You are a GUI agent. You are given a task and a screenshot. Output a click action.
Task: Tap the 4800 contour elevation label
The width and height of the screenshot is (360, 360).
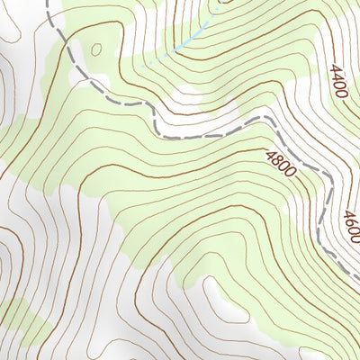coord(281,164)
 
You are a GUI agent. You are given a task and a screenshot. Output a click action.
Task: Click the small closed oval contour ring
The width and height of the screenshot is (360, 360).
coord(96,51)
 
